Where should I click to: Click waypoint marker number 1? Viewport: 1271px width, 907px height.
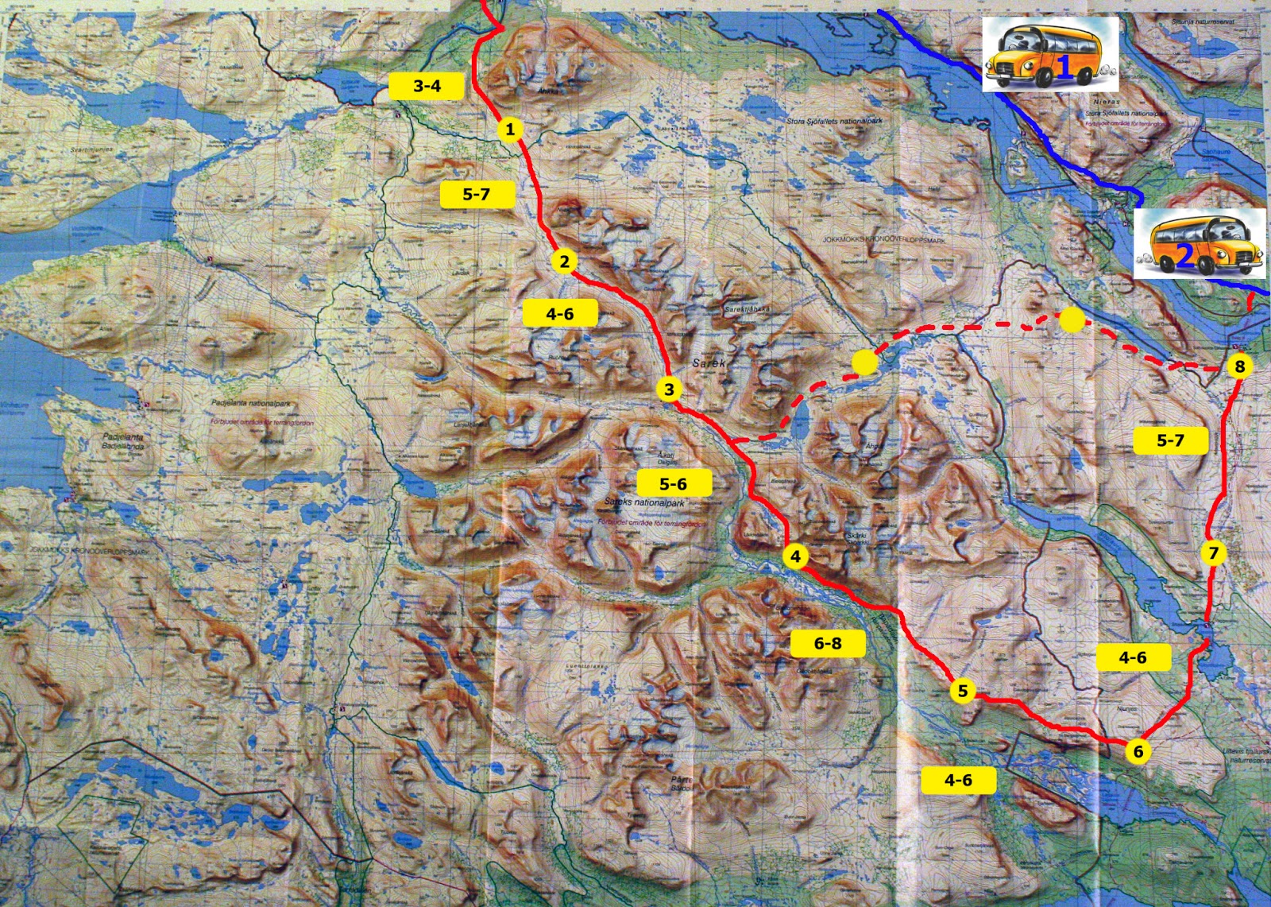(510, 129)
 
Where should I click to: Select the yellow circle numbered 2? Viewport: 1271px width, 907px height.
(564, 261)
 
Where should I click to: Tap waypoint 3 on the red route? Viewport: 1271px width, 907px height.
(669, 390)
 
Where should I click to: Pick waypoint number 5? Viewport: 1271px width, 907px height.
(963, 691)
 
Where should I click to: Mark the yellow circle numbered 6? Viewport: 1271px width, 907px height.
(1138, 751)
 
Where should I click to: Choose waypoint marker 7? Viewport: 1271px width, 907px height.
(1213, 553)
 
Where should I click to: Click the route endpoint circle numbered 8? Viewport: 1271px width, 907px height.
(1239, 366)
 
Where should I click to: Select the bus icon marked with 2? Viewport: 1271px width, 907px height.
(1199, 244)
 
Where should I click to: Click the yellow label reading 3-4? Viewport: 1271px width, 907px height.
(427, 86)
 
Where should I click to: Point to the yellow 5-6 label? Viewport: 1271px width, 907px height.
(673, 483)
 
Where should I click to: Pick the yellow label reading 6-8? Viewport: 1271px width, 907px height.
(828, 643)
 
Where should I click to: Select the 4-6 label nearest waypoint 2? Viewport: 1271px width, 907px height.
(559, 314)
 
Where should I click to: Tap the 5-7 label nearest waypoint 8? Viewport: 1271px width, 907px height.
(1169, 440)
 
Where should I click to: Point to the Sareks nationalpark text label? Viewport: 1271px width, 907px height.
(643, 502)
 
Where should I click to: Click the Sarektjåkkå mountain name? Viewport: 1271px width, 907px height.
(747, 308)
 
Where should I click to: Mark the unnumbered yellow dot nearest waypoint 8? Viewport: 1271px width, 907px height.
(1072, 320)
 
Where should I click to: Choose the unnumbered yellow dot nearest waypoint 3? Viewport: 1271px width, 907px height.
(864, 362)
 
